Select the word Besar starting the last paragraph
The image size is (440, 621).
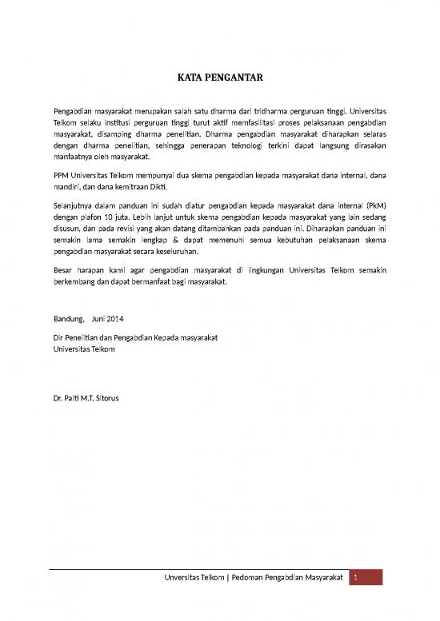63,268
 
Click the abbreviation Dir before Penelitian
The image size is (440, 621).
58,337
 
